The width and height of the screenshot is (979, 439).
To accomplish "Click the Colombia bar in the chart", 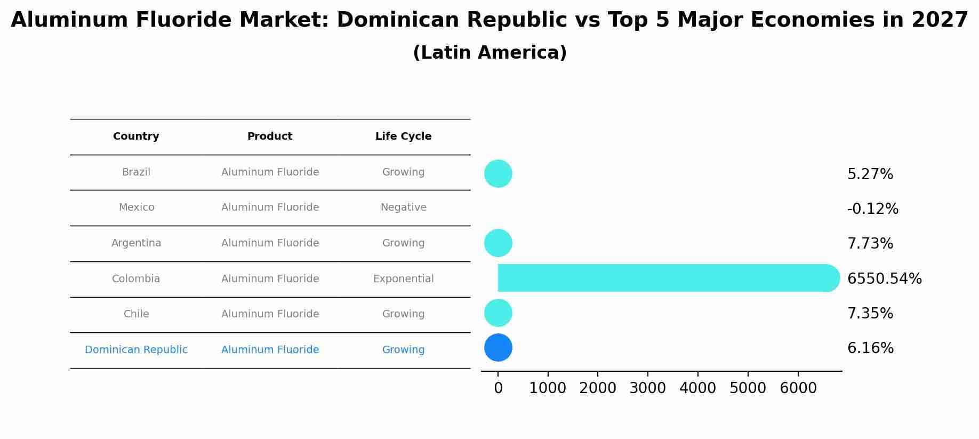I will coord(661,278).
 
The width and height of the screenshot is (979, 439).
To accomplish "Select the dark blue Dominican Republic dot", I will coord(498,348).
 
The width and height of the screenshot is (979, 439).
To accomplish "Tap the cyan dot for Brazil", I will coord(498,173).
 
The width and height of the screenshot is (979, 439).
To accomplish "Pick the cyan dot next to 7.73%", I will coord(498,243).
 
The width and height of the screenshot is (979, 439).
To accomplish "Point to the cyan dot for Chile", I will coord(498,313).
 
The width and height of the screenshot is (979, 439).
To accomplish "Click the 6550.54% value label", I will coord(884,279).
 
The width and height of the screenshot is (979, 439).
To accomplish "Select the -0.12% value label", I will coord(872,209).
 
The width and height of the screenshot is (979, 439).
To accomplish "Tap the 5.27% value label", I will coord(870,174).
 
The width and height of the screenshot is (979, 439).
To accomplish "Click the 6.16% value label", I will coord(870,348).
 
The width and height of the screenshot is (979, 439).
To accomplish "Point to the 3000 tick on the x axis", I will coord(647,388).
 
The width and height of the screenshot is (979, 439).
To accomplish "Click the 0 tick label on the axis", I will coord(498,388).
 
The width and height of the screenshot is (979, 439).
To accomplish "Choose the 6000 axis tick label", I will coord(798,388).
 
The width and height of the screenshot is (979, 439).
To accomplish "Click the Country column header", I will coord(136,137).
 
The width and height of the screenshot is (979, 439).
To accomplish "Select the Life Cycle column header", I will coord(403,137).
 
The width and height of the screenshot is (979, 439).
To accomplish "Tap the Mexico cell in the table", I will coord(137,207).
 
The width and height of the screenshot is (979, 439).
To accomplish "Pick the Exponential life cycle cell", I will coord(403,279).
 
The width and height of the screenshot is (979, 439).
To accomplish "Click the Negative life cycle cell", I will coord(403,207).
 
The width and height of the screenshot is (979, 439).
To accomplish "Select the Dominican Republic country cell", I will coord(136,350).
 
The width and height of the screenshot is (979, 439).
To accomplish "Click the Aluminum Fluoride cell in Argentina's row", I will coord(270,243).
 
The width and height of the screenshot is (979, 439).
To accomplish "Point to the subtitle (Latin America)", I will coord(489,53).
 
